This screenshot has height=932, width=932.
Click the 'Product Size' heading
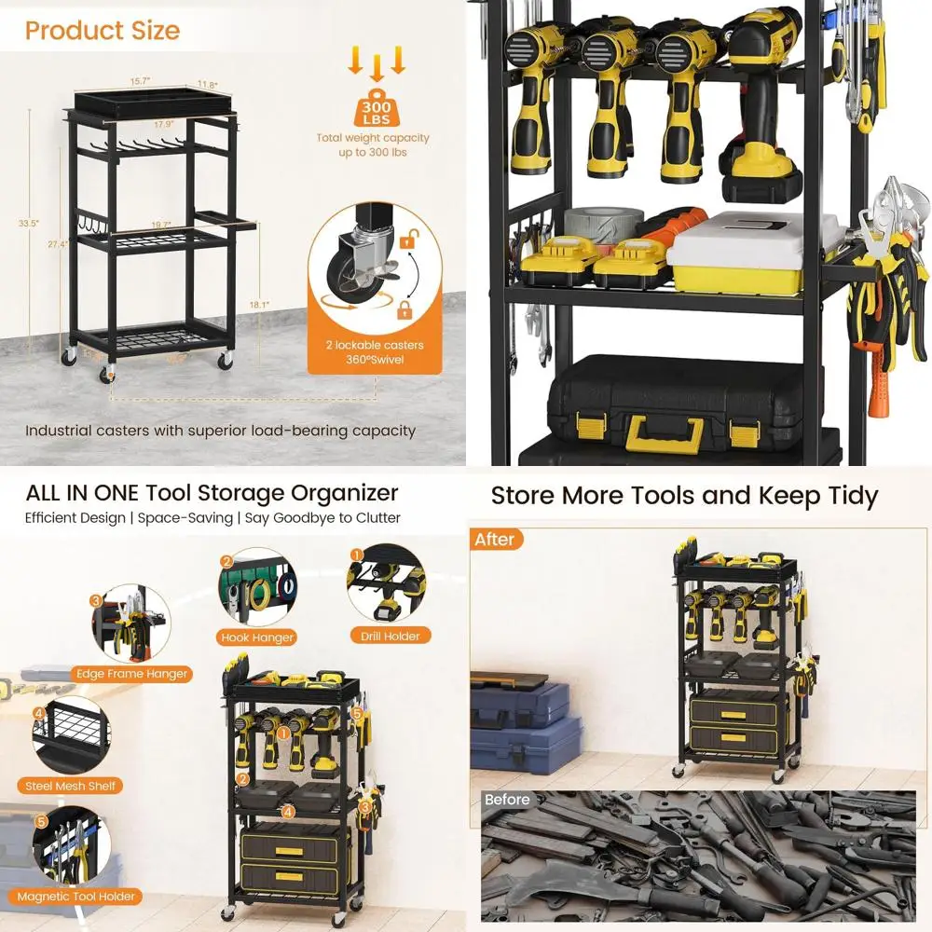[x=103, y=30]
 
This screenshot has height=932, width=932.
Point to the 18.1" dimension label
[x=260, y=305]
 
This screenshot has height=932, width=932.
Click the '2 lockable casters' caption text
[x=374, y=345]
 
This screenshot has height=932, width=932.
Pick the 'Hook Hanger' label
[x=257, y=637]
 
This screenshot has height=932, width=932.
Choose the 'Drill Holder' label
[x=390, y=636]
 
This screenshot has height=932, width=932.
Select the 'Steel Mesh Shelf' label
[x=71, y=786]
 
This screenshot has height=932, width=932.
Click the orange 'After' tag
[x=495, y=540]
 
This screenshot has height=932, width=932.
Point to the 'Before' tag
[x=507, y=800]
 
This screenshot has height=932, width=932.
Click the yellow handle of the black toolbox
[x=664, y=431]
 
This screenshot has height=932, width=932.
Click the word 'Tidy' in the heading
[x=844, y=496]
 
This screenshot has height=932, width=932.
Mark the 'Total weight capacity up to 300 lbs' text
[x=373, y=144]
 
